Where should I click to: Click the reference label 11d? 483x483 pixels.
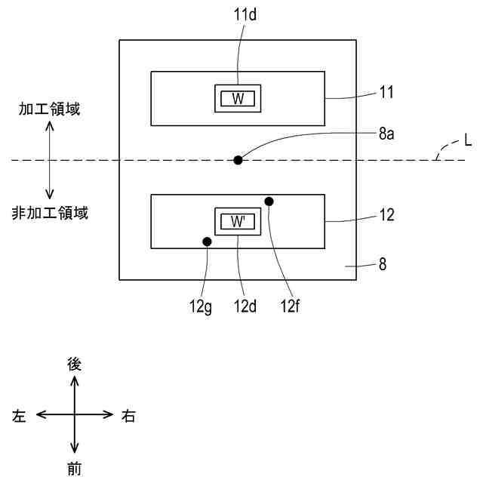pyautogui.click(x=238, y=14)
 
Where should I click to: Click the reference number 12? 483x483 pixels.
pyautogui.click(x=387, y=214)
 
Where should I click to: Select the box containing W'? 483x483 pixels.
pyautogui.click(x=238, y=222)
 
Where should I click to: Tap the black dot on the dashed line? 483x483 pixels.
pyautogui.click(x=238, y=159)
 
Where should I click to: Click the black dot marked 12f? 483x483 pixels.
pyautogui.click(x=269, y=201)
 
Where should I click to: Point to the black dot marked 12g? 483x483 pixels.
pyautogui.click(x=206, y=242)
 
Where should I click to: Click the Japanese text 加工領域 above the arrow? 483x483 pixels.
pyautogui.click(x=50, y=109)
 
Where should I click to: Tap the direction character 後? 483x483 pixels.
pyautogui.click(x=74, y=364)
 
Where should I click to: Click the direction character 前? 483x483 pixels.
pyautogui.click(x=74, y=469)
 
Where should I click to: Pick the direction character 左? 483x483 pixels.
pyautogui.click(x=21, y=416)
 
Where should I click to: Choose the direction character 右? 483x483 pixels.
pyautogui.click(x=128, y=416)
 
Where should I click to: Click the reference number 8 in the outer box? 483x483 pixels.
pyautogui.click(x=383, y=266)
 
